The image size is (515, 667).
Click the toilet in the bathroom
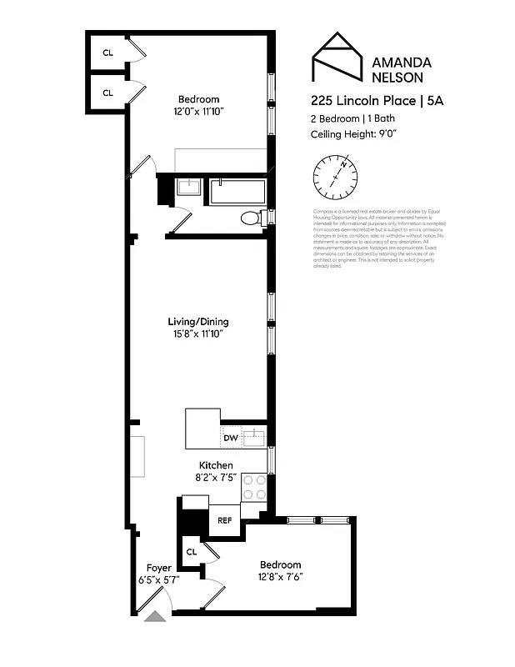tap(251, 218)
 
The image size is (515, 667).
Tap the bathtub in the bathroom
tap(237, 191)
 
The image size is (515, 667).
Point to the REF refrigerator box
tap(224, 520)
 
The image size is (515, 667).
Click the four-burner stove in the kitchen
tap(254, 487)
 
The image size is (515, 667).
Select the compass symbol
tap(336, 178)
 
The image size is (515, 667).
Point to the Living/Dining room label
tap(198, 322)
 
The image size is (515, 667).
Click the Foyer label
tap(159, 568)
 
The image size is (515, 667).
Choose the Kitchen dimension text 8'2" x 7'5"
tap(216, 478)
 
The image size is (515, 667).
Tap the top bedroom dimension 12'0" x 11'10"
tap(198, 111)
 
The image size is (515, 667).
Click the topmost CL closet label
tap(107, 53)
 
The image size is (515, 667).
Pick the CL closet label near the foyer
tap(191, 551)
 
